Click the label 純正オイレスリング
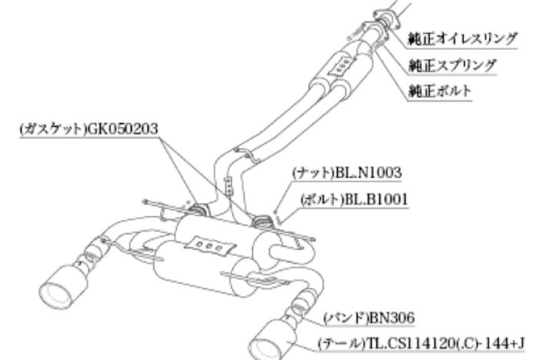click(x=462, y=38)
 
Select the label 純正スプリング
click(x=452, y=65)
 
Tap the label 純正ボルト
click(x=439, y=91)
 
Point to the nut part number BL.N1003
click(x=368, y=172)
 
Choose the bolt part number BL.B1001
click(x=376, y=199)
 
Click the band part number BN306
click(x=391, y=318)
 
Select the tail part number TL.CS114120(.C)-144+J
click(x=445, y=343)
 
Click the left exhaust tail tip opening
click(x=56, y=295)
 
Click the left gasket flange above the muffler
click(x=198, y=209)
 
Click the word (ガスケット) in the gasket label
click(x=52, y=128)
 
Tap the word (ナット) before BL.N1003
click(x=313, y=172)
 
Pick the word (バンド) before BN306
click(x=345, y=318)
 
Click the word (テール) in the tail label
click(x=342, y=343)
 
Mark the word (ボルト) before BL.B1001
click(x=322, y=199)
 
